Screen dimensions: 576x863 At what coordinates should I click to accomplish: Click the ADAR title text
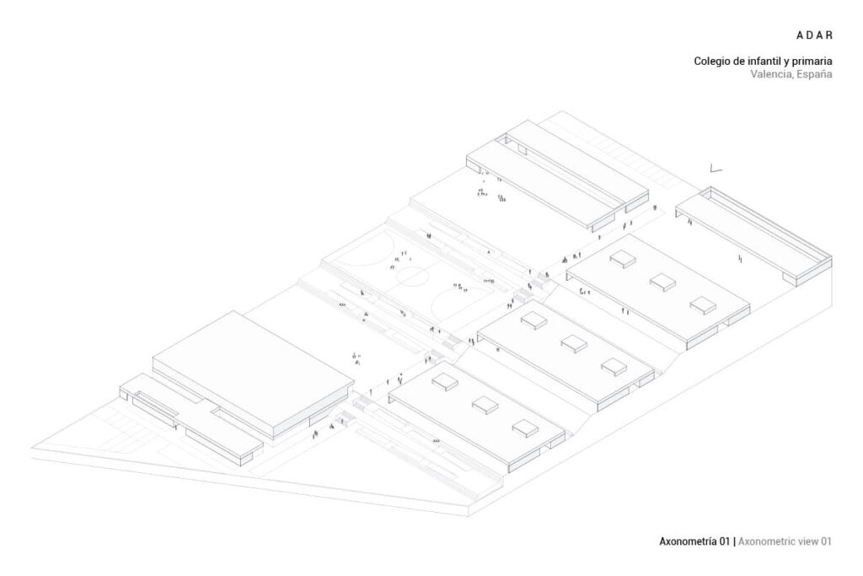pos(814,35)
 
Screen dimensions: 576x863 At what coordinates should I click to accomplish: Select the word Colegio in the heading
pos(713,61)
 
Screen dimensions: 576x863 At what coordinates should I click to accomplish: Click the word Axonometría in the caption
pos(689,541)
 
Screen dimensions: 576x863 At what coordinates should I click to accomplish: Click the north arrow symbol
pos(716,169)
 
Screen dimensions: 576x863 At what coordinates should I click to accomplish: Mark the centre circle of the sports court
pos(413,275)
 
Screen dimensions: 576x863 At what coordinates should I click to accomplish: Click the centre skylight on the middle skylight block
pos(572,342)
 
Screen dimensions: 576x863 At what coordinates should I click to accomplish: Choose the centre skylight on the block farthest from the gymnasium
pos(662,281)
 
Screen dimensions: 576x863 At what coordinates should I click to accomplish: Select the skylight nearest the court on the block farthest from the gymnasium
pos(623,257)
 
